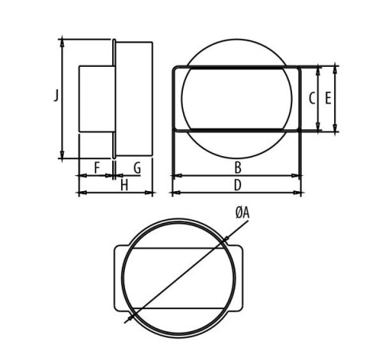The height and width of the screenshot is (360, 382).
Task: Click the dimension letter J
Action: point(55,96)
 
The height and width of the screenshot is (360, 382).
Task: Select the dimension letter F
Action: point(96,167)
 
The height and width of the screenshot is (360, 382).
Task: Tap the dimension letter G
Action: point(137,167)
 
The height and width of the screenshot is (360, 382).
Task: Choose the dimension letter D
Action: point(237,186)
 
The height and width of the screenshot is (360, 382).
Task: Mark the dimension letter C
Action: point(311,99)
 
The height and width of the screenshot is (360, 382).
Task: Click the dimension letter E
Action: point(327,99)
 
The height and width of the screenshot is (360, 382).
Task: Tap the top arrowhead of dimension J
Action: point(63,40)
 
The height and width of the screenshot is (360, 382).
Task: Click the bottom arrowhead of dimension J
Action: point(63,156)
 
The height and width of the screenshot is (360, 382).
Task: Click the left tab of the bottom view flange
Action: point(119,278)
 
